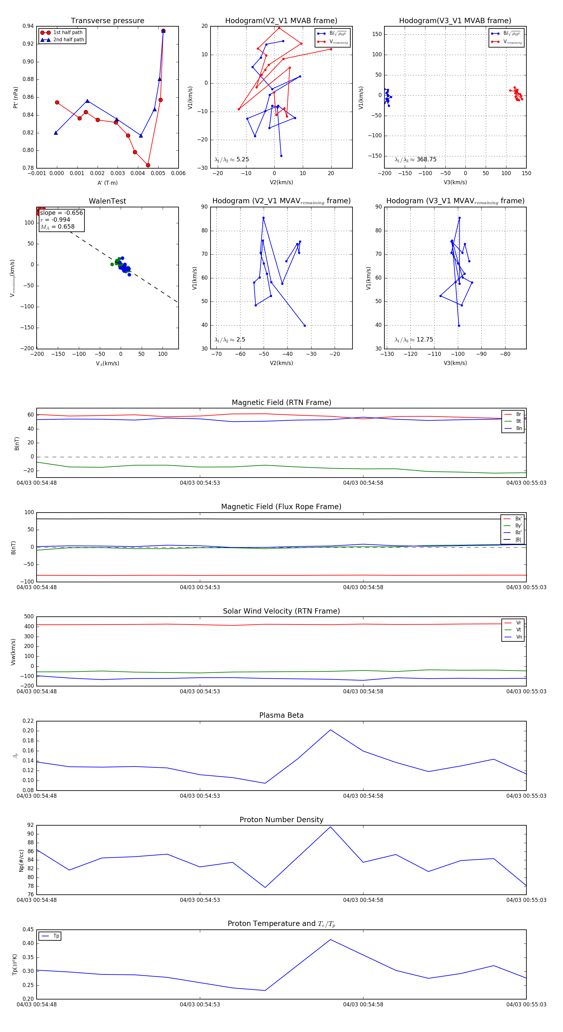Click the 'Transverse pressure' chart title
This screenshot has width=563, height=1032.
(107, 21)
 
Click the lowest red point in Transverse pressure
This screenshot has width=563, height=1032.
(148, 165)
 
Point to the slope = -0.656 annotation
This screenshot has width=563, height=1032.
(61, 213)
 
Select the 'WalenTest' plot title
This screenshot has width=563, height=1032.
(107, 201)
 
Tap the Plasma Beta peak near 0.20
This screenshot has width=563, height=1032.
(331, 730)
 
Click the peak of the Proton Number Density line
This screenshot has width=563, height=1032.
(331, 827)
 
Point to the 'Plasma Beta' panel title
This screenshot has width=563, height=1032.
(281, 715)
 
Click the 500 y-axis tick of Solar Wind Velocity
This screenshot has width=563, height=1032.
(29, 617)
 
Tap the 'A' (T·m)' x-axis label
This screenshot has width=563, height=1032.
(107, 183)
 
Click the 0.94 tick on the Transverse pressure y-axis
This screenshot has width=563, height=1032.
(28, 26)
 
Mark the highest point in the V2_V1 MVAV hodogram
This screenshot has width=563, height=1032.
(263, 218)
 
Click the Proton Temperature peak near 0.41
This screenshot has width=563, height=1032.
(331, 939)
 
